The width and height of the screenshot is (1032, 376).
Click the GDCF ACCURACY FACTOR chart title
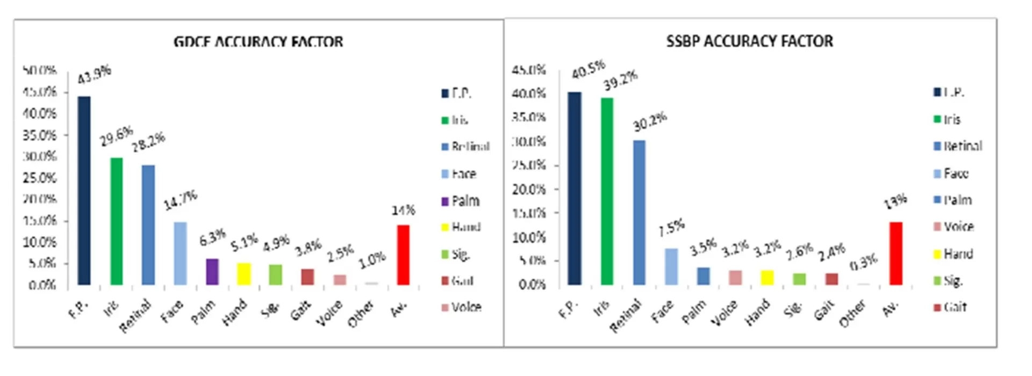tap(258, 42)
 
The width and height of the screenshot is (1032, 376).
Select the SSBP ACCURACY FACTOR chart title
tap(749, 41)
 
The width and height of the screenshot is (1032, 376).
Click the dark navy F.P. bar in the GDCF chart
tap(84, 191)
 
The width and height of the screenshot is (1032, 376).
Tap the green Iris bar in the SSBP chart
tap(607, 191)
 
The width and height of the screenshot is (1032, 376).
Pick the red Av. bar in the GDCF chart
tap(403, 255)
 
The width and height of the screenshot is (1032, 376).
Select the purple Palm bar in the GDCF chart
tap(212, 272)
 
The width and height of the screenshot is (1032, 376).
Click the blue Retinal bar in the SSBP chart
tap(639, 212)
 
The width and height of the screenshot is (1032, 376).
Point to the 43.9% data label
tap(95, 74)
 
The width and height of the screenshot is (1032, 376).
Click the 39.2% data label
tap(620, 81)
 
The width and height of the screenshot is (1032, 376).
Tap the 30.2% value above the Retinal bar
tap(650, 121)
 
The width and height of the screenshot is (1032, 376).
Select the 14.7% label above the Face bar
tap(181, 200)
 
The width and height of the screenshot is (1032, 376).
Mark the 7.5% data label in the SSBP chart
tap(672, 228)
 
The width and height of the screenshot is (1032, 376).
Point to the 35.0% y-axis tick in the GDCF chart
tap(39, 135)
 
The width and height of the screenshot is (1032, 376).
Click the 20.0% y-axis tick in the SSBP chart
tap(529, 190)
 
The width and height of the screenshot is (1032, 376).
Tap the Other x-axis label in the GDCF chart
tap(360, 314)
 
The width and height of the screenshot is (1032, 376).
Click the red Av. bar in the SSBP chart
tap(896, 254)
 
